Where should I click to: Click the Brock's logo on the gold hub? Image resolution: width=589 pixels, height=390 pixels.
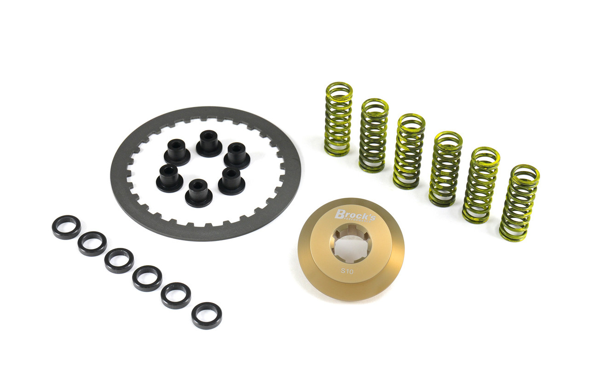[x=355, y=215]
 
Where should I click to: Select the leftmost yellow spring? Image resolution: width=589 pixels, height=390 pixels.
[x=338, y=119]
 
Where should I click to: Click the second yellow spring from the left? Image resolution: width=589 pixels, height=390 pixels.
[x=373, y=135]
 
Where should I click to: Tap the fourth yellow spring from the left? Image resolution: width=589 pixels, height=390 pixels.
[x=445, y=169]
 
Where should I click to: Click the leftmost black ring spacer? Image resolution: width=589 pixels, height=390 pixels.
[x=66, y=227]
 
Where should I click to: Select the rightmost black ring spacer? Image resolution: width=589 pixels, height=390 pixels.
[x=207, y=315]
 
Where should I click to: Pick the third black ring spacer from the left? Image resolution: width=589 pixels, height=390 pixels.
[x=119, y=260]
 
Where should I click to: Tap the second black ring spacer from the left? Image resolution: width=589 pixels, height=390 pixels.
[x=92, y=243]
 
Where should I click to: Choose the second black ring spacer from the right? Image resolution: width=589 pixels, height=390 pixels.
[x=176, y=295]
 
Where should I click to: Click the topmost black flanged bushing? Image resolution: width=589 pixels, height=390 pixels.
[x=209, y=143]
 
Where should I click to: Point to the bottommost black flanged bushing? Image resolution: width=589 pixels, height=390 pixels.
[x=199, y=193]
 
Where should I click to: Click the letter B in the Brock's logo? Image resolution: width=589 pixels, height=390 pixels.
[x=340, y=213]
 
